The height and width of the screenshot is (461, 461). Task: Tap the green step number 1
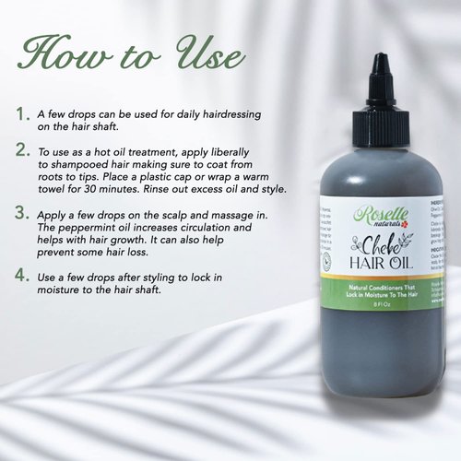pyautogui.click(x=21, y=113)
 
